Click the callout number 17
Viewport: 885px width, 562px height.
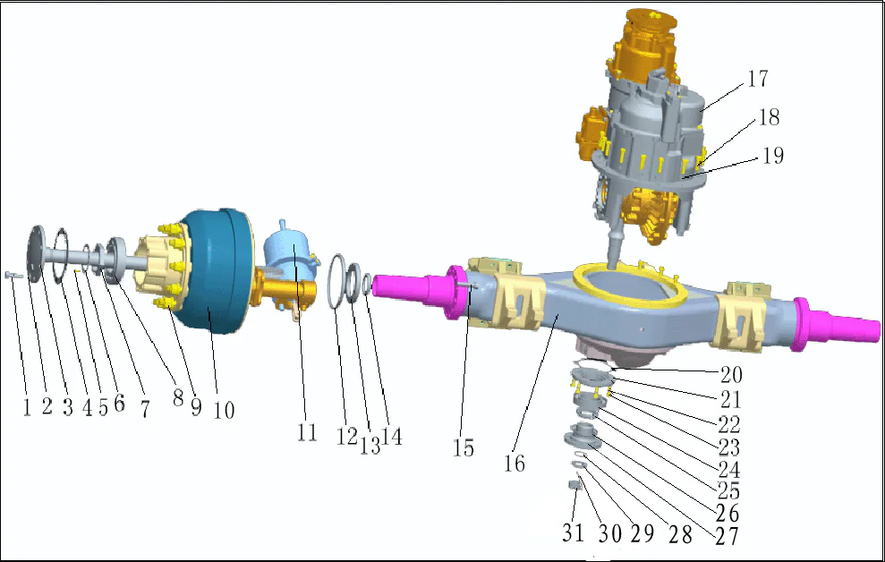758,80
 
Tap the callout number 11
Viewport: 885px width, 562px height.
307,433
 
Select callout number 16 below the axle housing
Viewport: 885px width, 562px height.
515,464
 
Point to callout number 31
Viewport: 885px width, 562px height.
573,532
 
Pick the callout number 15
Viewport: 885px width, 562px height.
463,447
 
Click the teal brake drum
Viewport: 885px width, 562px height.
215,286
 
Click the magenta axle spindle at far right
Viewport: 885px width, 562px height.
841,319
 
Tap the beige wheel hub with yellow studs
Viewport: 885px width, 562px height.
161,266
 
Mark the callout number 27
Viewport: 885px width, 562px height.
727,534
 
